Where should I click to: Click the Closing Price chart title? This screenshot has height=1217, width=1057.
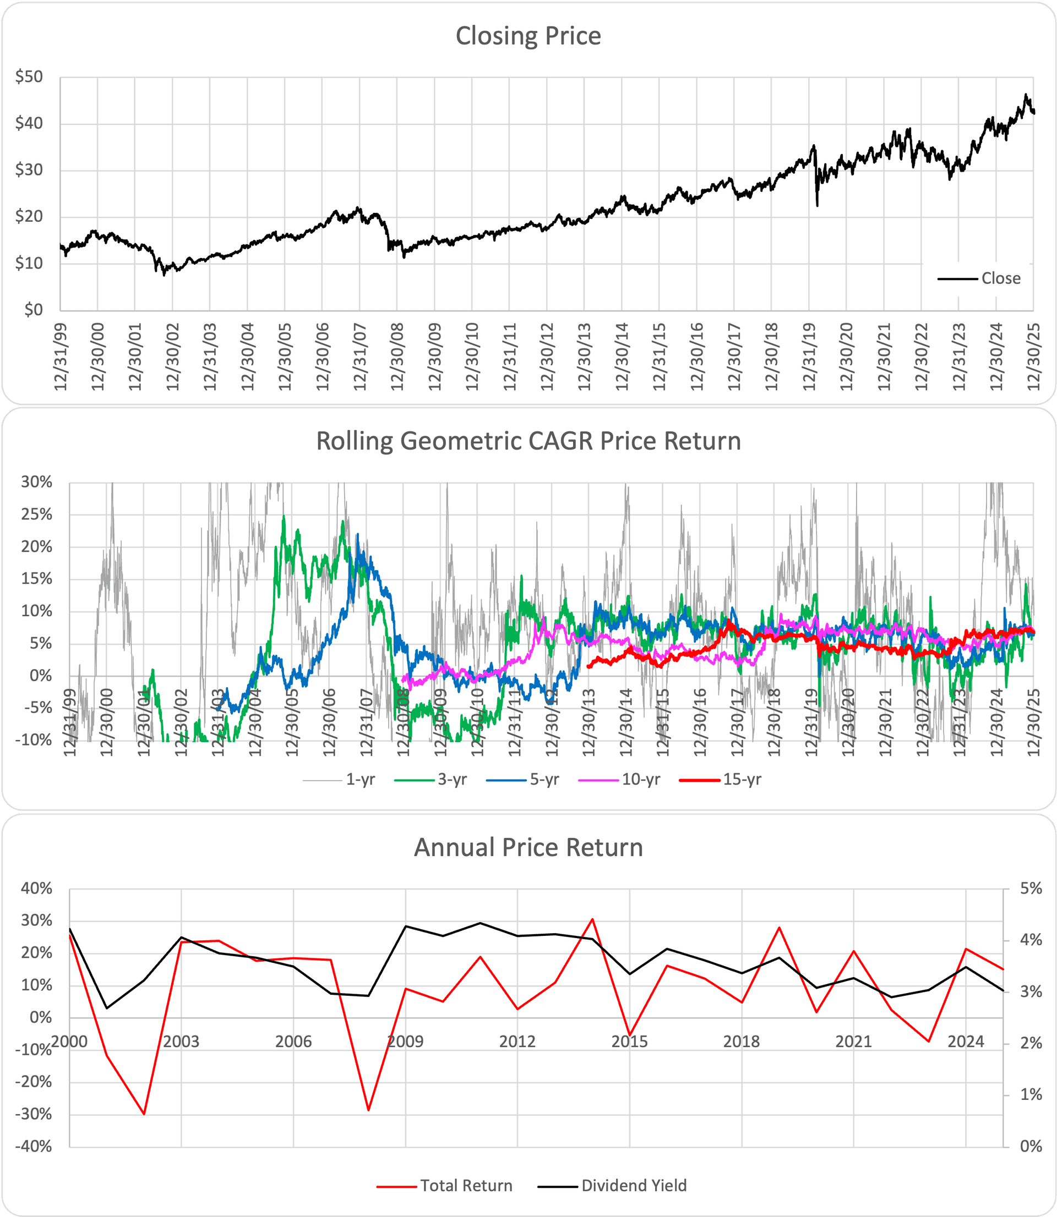click(x=528, y=36)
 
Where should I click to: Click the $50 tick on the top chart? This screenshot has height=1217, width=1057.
click(x=30, y=76)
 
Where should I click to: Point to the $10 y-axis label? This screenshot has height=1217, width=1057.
click(x=30, y=263)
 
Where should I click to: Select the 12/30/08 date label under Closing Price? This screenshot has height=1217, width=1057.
click(x=397, y=356)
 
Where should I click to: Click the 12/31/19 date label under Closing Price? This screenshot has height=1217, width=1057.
click(x=809, y=356)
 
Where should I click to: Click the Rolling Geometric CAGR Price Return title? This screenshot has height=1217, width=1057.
click(x=528, y=441)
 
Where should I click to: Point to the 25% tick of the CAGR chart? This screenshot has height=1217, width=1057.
click(x=36, y=514)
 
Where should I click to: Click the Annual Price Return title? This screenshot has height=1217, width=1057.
click(x=528, y=847)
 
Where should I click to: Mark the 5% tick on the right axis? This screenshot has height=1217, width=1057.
click(x=1031, y=888)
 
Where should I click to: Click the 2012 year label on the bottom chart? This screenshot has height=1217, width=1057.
click(x=517, y=1041)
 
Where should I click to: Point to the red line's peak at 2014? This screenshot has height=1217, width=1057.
click(x=592, y=919)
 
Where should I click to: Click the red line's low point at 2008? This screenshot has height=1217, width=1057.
click(x=369, y=1110)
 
